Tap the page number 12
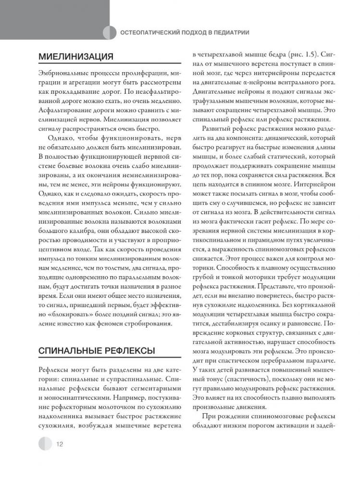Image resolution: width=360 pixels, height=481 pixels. point(61,444)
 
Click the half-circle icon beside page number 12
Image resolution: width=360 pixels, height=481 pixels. point(44,443)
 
